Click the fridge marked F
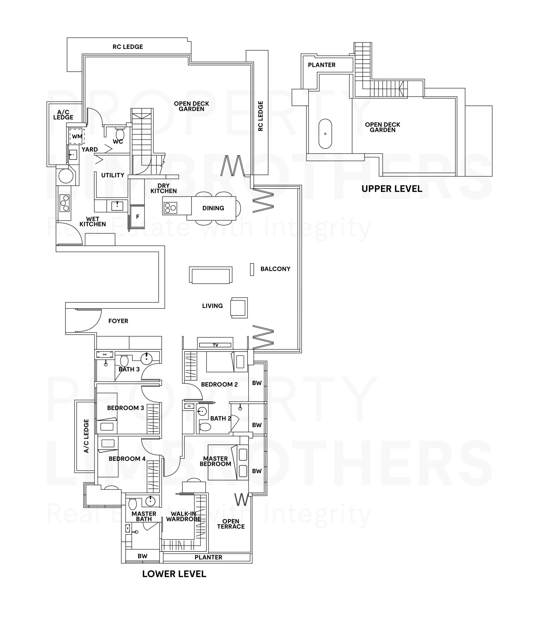(x=137, y=217)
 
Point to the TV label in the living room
(x=215, y=345)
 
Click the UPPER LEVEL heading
(x=392, y=189)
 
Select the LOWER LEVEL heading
(x=174, y=574)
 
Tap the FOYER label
(x=118, y=321)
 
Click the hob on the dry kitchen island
(x=170, y=208)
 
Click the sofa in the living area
(x=211, y=275)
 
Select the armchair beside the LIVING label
(x=239, y=308)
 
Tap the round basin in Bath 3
(x=147, y=358)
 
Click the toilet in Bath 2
(x=205, y=427)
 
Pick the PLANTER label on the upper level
(x=321, y=65)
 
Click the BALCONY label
(x=275, y=269)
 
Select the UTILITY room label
(x=113, y=175)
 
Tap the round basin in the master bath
(x=150, y=501)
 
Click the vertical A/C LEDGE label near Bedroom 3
(x=86, y=436)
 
